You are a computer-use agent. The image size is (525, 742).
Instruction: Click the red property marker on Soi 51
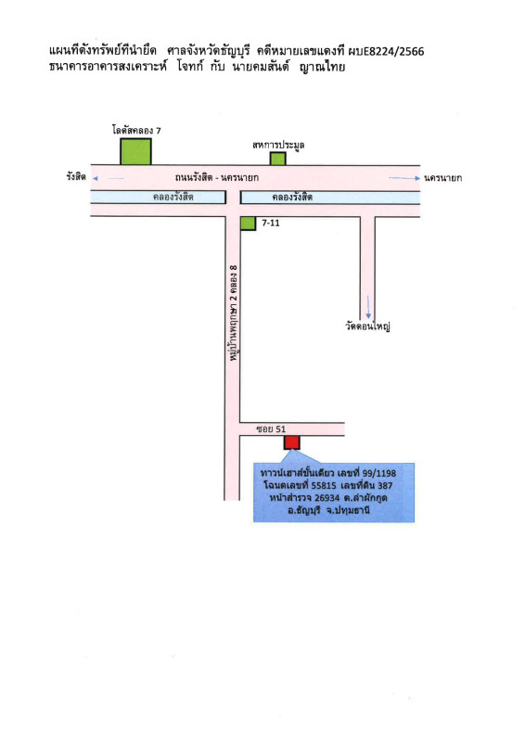291,442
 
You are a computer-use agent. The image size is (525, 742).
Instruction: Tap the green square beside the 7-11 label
248,224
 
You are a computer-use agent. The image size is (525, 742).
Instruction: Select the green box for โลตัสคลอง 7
135,151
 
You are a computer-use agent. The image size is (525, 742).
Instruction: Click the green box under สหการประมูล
278,159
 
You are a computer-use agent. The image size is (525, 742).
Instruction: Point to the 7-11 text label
271,223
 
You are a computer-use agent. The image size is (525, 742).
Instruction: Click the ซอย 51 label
271,429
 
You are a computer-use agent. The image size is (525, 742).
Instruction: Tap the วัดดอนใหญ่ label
367,326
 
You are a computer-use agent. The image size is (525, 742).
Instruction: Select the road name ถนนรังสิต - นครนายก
217,177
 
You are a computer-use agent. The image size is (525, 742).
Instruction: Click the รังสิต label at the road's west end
76,177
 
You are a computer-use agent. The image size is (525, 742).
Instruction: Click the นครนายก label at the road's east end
443,178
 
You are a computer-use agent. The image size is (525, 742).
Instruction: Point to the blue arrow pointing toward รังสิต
109,178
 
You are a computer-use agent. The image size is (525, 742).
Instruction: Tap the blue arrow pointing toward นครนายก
404,178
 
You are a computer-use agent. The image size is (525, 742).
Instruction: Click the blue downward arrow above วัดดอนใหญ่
368,307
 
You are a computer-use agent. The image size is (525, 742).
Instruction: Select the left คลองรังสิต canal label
173,197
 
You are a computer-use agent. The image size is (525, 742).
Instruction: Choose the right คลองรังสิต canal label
292,197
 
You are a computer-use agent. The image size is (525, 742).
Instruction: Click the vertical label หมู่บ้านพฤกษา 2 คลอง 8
233,313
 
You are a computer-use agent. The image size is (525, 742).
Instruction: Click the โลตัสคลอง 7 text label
136,130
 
